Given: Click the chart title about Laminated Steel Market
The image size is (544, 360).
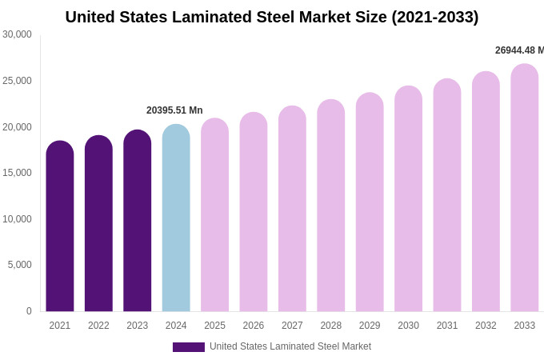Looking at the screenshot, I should [x=272, y=17].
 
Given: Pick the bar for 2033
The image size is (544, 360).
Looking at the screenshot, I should [x=524, y=188].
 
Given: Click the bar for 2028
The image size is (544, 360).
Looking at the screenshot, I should [x=331, y=206].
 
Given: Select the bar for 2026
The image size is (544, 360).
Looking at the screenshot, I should [x=254, y=212].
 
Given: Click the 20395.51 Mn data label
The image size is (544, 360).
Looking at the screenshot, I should [x=174, y=110].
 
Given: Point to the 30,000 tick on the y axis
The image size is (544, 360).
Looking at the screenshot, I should [x=17, y=34].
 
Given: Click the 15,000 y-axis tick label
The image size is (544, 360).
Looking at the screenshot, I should [x=17, y=173].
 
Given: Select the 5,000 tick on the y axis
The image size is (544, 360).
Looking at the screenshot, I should [x=19, y=265].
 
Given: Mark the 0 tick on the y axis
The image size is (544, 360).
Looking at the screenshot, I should [x=29, y=311].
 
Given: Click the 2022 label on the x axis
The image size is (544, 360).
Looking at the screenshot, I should [x=98, y=326].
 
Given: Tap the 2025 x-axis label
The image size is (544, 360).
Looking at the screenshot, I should [x=214, y=326].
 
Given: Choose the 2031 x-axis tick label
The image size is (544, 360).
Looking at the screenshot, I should [x=447, y=326].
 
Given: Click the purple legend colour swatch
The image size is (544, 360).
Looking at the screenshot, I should [x=189, y=347].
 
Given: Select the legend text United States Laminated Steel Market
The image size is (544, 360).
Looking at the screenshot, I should [x=290, y=346].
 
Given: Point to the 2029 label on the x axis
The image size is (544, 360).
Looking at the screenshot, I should [x=370, y=326].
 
